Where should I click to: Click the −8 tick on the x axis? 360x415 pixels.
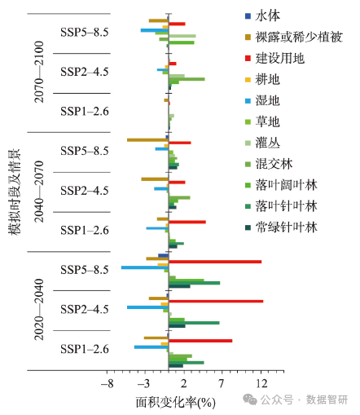click(x=106, y=383)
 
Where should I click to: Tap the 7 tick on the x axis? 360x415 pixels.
click(x=222, y=383)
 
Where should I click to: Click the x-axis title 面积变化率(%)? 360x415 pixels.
click(x=174, y=402)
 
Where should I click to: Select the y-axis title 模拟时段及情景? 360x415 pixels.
click(x=14, y=192)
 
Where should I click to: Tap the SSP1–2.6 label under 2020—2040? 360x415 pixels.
click(x=85, y=349)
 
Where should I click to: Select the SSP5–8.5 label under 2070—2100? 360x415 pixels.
click(x=85, y=33)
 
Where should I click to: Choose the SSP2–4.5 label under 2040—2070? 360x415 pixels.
click(x=85, y=191)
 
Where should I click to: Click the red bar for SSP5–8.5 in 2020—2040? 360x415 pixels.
click(x=215, y=262)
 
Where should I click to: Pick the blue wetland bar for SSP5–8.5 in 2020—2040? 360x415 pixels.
click(x=144, y=267)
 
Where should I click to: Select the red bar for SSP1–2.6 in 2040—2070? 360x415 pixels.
click(x=187, y=222)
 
